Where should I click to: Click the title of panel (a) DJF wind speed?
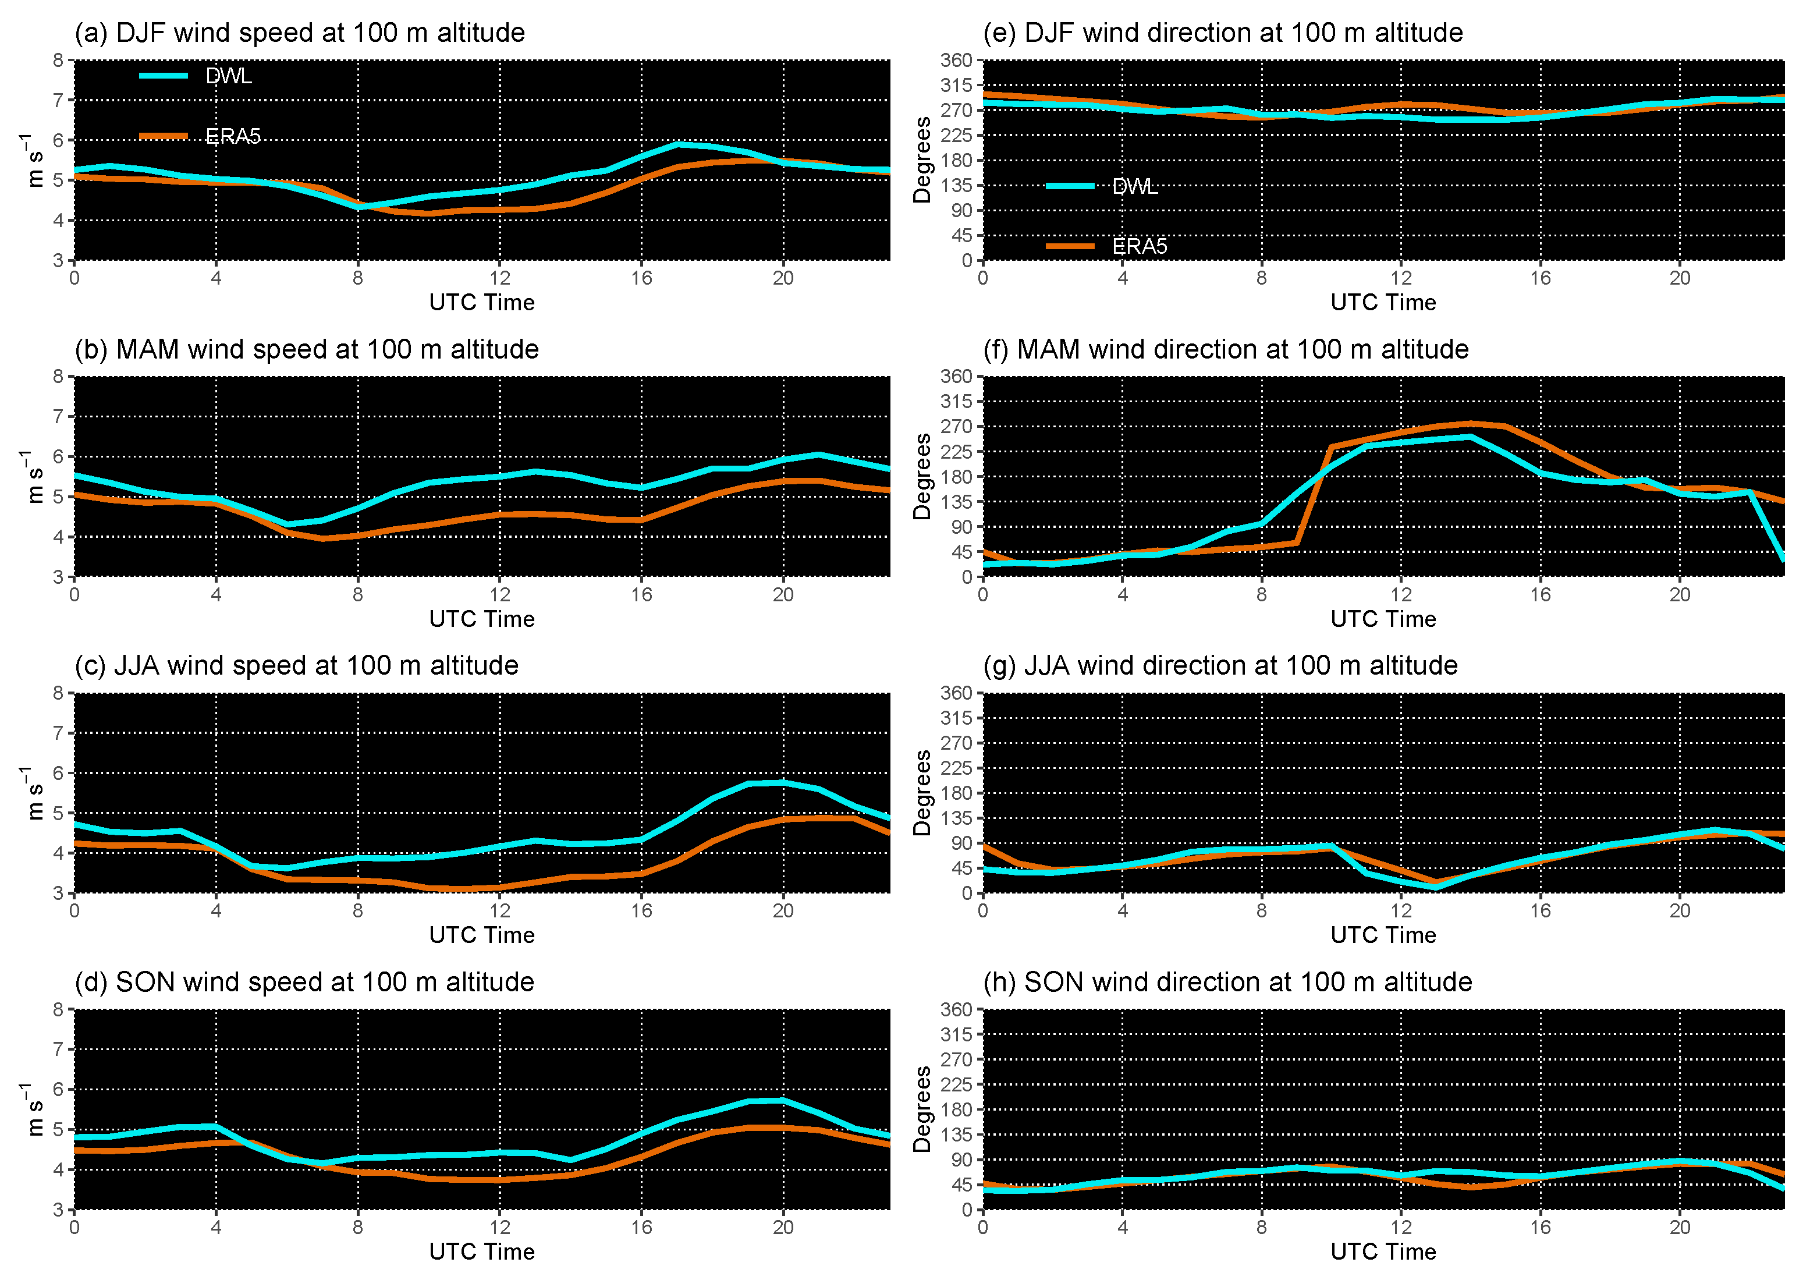pos(299,33)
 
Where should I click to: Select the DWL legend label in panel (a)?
pos(228,76)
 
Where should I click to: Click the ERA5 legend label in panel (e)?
pos(1139,246)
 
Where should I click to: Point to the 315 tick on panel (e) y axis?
pos(956,85)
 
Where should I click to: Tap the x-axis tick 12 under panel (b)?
pos(499,594)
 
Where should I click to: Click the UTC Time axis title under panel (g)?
pos(1382,935)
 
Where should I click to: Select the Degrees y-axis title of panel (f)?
pos(922,476)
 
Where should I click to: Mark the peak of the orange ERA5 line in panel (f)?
pos(1470,423)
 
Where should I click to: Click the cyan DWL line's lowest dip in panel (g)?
pos(1435,888)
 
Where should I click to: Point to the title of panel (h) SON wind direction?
pos(1227,983)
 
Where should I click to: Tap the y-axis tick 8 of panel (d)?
pos(58,1009)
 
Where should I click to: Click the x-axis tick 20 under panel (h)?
pos(1679,1228)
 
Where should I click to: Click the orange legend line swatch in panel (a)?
pos(163,136)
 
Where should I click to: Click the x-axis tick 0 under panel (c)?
pos(74,910)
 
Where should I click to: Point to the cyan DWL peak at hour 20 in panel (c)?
pos(783,783)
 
